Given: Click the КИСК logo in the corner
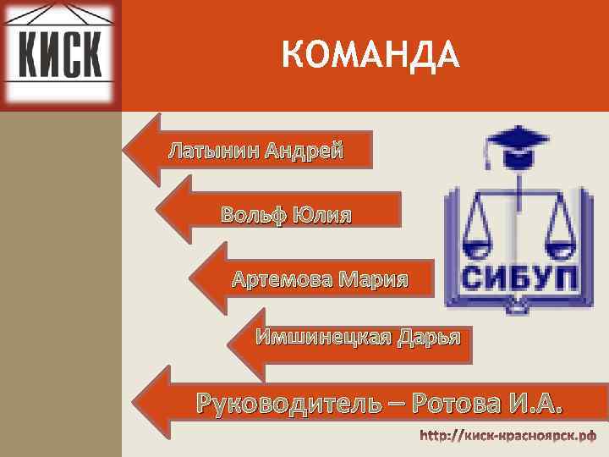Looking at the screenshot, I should point(59,53).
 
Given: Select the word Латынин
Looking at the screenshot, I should point(213,151).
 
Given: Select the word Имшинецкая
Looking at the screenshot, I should point(323,339).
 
